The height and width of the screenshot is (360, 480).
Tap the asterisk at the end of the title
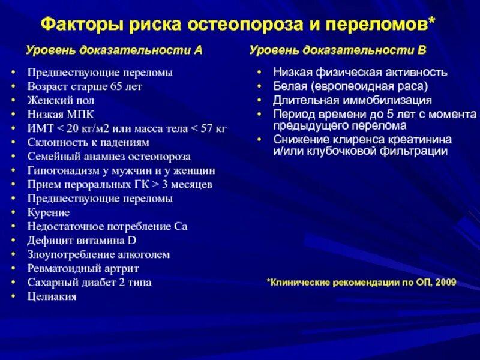pyautogui.click(x=433, y=23)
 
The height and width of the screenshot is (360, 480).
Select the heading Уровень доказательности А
pyautogui.click(x=113, y=51)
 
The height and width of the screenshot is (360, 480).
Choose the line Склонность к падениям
pyautogui.click(x=88, y=142)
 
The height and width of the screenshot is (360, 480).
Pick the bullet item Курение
pyautogui.click(x=49, y=212)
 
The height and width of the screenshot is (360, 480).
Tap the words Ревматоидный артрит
pyautogui.click(x=83, y=268)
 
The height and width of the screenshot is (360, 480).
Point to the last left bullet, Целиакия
pyautogui.click(x=52, y=296)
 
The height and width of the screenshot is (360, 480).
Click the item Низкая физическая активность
pyautogui.click(x=360, y=73)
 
